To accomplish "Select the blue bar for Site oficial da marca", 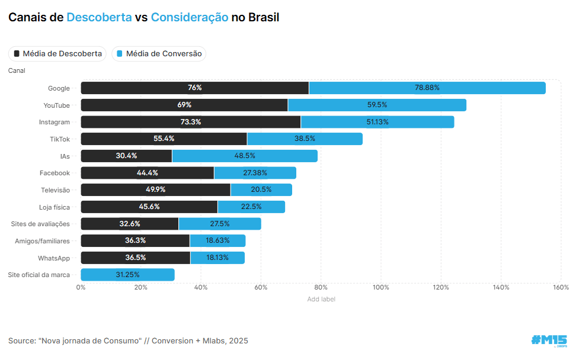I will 127,275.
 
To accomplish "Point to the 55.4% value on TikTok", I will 164,139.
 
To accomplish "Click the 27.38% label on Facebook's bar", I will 255,173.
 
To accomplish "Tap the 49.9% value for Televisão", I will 155,190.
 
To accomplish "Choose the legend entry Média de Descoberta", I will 57,54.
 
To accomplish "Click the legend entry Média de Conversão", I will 159,54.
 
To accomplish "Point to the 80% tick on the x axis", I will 321,287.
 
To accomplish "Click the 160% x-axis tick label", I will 560,287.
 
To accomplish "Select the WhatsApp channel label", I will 54,258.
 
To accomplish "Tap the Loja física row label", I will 54,207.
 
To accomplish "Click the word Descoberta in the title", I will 99,17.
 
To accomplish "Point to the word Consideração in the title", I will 190,17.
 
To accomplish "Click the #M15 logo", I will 549,340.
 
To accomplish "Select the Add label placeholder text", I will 321,299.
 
